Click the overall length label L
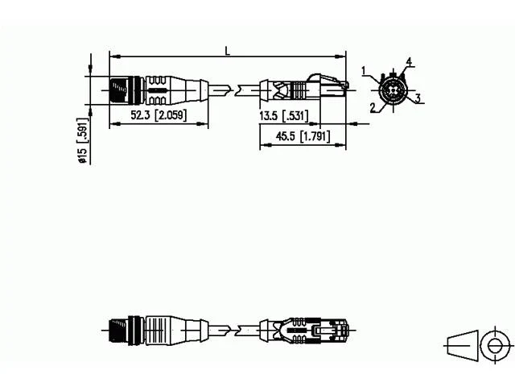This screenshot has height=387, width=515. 227,51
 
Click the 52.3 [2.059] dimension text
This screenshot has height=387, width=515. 159,114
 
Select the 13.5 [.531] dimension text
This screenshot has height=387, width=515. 284,116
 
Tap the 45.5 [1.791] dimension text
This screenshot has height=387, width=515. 303,136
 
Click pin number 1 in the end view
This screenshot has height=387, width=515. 364,71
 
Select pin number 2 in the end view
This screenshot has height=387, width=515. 373,107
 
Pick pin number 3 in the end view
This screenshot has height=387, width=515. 418,98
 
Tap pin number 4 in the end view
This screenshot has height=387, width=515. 409,61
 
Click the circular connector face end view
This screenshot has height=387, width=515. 393,89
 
